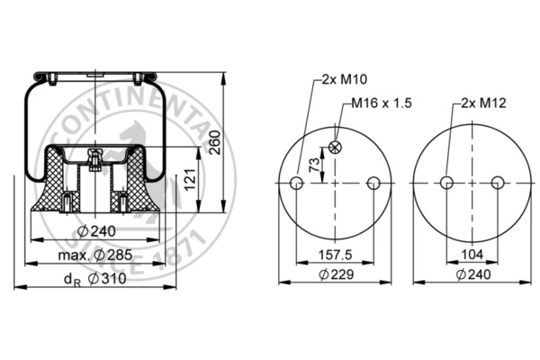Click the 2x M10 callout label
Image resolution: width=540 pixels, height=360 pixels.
coord(345,79)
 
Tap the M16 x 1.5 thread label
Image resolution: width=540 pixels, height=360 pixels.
coord(382,103)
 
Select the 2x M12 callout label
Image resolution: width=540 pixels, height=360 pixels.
coord(483,103)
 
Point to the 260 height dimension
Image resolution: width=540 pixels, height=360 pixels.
coord(214,142)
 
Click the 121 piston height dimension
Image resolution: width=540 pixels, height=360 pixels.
coord(190,179)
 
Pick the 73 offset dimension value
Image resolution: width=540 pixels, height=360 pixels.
coord(314,165)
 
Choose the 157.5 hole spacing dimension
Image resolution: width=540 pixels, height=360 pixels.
coord(335,255)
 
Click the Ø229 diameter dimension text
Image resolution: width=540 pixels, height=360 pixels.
coord(336,274)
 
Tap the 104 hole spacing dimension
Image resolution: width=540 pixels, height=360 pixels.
coord(472,255)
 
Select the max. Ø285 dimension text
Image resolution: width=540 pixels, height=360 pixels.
coord(95,256)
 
